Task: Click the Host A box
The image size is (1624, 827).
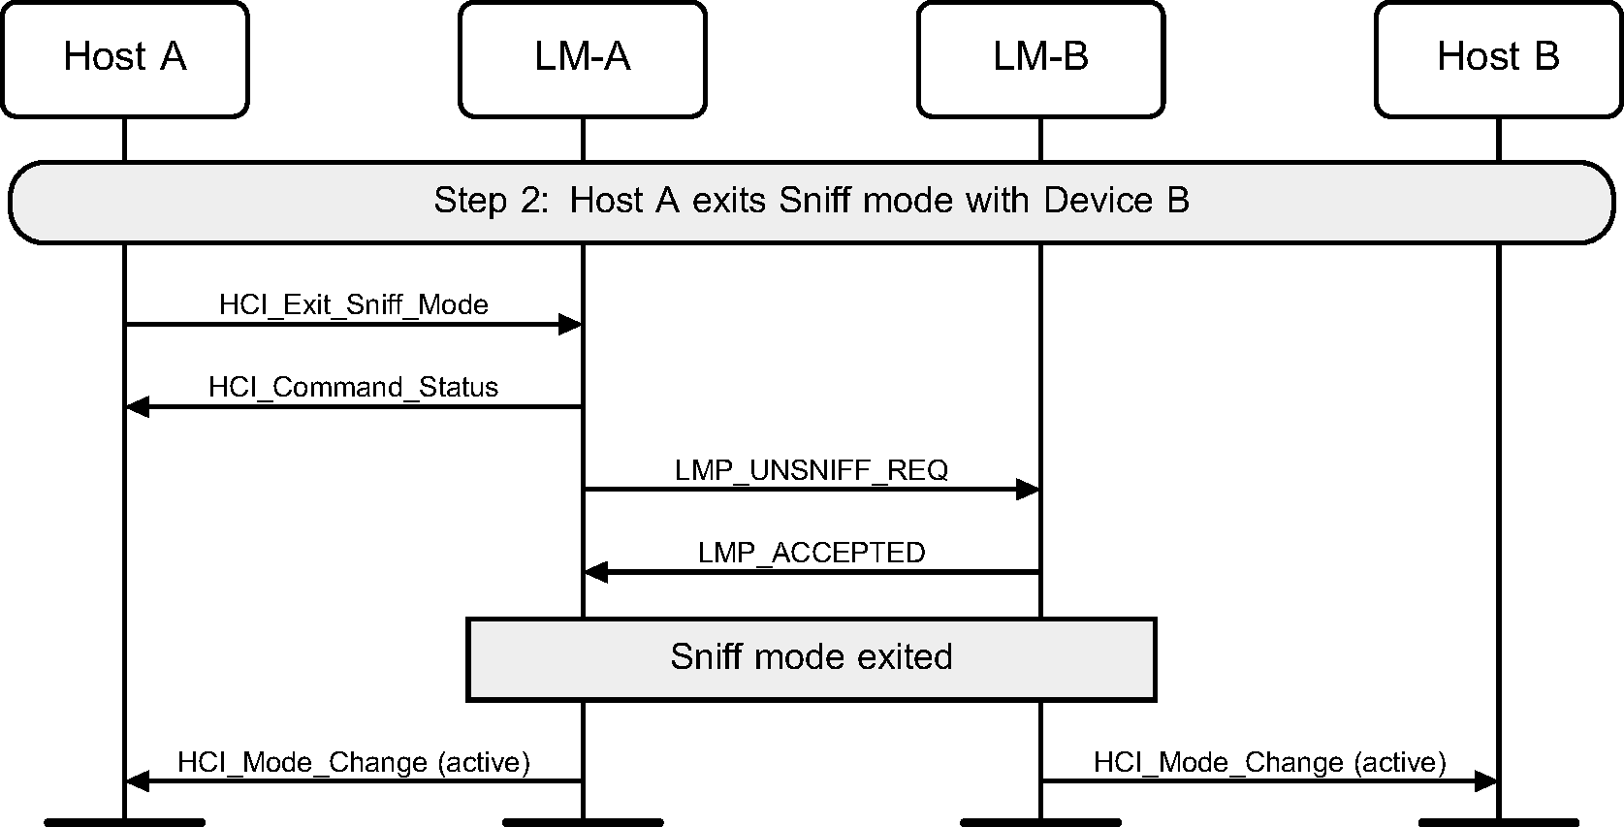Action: pyautogui.click(x=124, y=58)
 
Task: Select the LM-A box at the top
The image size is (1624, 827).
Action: pyautogui.click(x=582, y=58)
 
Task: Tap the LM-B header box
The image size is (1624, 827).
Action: pyautogui.click(x=1040, y=58)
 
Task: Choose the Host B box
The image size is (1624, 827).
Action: pyautogui.click(x=1498, y=58)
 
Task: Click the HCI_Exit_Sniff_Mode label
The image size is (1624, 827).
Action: pyautogui.click(x=354, y=304)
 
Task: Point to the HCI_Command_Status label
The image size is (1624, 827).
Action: pyautogui.click(x=354, y=387)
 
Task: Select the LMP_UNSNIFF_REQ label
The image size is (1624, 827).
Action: pyautogui.click(x=812, y=470)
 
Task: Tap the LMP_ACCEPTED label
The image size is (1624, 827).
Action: pyautogui.click(x=812, y=553)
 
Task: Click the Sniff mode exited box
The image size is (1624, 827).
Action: pyautogui.click(x=812, y=658)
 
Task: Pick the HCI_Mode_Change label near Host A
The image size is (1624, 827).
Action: pyautogui.click(x=354, y=762)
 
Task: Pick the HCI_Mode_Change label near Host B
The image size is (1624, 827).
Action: pyautogui.click(x=1270, y=762)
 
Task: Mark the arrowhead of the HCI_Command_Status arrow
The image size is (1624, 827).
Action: pyautogui.click(x=138, y=407)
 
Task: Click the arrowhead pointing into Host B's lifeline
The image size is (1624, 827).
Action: pyautogui.click(x=1485, y=780)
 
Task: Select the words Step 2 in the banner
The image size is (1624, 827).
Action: pyautogui.click(x=470, y=201)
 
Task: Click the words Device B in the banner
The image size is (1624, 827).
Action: pyautogui.click(x=1116, y=201)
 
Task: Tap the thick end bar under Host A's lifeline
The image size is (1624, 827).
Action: pyautogui.click(x=124, y=822)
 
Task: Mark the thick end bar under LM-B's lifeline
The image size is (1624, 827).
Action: pyautogui.click(x=1040, y=822)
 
